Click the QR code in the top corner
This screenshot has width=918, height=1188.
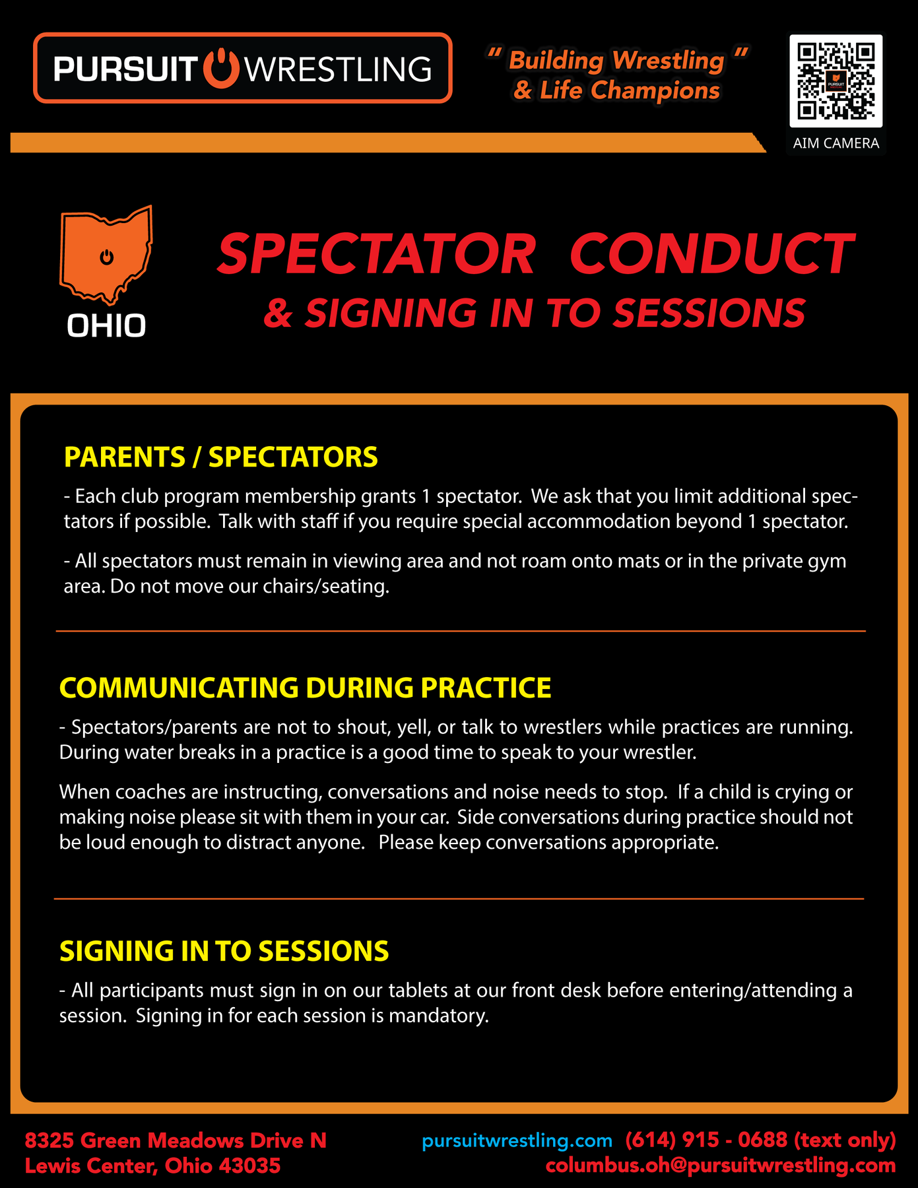tap(836, 81)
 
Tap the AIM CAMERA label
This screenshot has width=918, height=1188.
tap(836, 143)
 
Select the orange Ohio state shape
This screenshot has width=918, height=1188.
tap(106, 254)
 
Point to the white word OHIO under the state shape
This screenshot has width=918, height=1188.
tap(106, 326)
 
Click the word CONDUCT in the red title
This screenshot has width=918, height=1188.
tap(711, 254)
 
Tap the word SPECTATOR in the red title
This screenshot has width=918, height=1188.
tap(376, 254)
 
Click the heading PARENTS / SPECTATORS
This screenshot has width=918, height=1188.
tap(221, 457)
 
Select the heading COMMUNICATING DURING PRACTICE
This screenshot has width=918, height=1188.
tap(305, 688)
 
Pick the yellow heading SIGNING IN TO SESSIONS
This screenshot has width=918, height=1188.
tap(224, 951)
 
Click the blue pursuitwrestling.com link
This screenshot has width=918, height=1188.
tap(517, 1140)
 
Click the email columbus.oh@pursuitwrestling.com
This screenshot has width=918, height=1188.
tap(721, 1166)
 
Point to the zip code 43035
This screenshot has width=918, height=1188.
tap(249, 1166)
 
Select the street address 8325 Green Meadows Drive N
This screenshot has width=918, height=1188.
tap(176, 1140)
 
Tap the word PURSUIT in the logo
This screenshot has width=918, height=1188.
tap(125, 69)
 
